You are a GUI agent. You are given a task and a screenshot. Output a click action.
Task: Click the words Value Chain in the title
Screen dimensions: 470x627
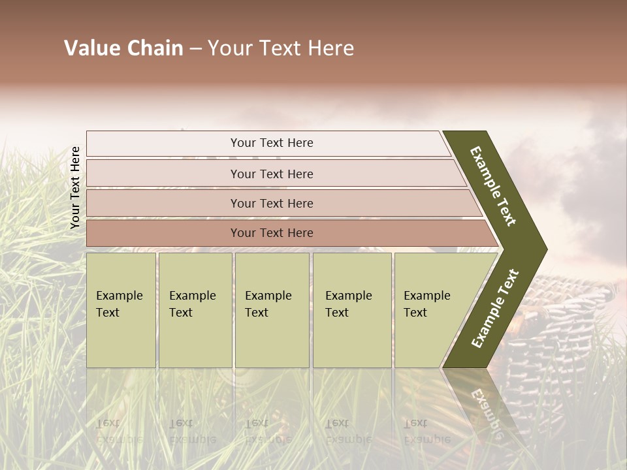tap(123, 48)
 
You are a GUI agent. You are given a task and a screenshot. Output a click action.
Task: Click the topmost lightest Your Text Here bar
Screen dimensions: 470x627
tap(271, 143)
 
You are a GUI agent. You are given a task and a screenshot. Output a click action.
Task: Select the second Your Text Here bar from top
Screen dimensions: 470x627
tap(271, 174)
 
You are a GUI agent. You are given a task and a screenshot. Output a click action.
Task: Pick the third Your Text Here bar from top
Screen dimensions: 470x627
tap(271, 204)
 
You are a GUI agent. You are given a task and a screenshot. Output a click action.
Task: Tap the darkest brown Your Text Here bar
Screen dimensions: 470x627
tap(271, 233)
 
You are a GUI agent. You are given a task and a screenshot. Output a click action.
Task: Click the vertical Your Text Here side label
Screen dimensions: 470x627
tap(75, 187)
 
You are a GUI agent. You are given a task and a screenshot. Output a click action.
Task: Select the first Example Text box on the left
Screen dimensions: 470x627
tap(121, 310)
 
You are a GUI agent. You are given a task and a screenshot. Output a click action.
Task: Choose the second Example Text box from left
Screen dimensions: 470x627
tap(195, 310)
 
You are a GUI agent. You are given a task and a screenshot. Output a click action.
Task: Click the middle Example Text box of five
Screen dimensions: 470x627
tap(272, 310)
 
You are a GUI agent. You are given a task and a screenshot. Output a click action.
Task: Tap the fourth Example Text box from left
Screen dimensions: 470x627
tap(351, 310)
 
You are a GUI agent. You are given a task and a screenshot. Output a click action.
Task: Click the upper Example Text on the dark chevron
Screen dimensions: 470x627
tap(494, 186)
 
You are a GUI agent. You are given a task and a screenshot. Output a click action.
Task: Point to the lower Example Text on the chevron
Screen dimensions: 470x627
tap(495, 309)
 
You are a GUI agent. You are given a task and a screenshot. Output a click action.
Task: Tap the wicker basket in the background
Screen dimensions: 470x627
tap(555, 326)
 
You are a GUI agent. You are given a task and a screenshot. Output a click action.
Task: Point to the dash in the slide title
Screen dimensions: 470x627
tap(195, 49)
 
